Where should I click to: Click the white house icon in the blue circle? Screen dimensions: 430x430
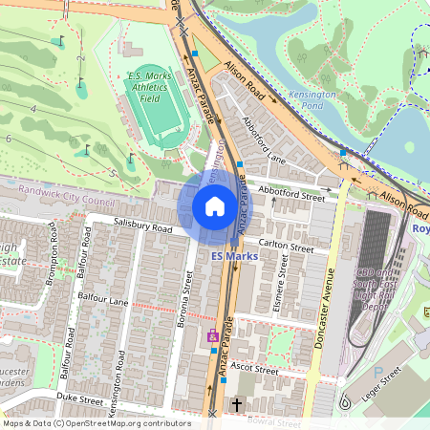click(215, 206)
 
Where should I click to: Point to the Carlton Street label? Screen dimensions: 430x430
click(287, 247)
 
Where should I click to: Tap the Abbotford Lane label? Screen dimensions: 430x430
click(265, 144)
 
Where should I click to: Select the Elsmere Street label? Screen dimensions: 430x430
click(282, 284)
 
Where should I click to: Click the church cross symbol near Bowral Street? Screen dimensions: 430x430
click(237, 405)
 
